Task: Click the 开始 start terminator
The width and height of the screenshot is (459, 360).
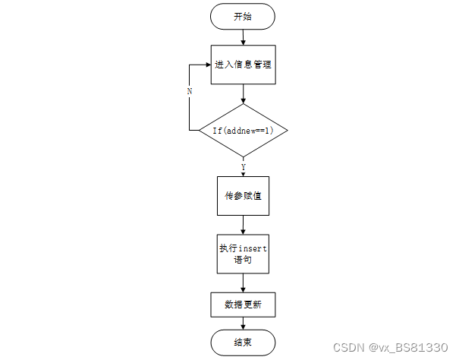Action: (243, 17)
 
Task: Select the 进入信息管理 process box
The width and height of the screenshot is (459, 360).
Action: (243, 64)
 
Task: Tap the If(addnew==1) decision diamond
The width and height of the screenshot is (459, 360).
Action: (243, 131)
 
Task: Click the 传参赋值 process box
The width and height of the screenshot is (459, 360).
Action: (243, 196)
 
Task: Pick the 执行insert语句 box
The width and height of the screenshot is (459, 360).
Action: (243, 254)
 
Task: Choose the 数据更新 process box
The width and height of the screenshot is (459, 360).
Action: (243, 305)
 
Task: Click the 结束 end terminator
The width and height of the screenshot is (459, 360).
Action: (243, 343)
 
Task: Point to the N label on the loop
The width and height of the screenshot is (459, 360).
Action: (190, 91)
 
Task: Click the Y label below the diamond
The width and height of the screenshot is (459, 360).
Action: (243, 166)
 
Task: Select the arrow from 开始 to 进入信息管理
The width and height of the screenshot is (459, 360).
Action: (243, 36)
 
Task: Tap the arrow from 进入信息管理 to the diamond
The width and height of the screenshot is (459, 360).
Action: (243, 93)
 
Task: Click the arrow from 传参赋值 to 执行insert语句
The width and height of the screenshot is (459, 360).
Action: (243, 225)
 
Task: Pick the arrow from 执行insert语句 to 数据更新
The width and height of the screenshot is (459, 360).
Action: (243, 283)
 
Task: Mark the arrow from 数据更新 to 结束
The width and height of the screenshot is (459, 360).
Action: (243, 324)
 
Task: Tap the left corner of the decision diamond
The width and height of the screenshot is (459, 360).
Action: (200, 131)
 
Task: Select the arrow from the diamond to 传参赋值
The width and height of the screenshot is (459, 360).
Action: (243, 169)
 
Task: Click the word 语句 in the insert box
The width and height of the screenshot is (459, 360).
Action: (243, 261)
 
